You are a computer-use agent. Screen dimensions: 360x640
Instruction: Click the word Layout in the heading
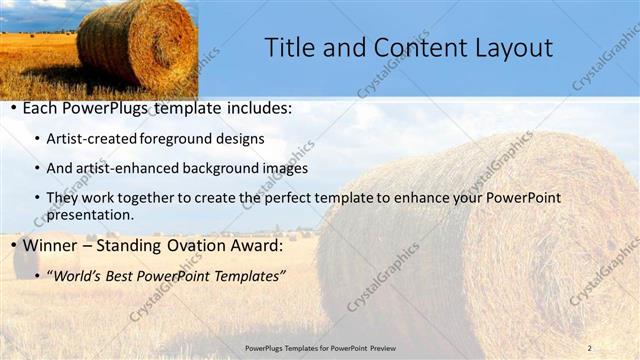point(508,48)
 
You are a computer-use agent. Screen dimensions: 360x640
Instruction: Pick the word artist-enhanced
point(125,168)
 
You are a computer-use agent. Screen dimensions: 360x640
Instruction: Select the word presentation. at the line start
point(90,214)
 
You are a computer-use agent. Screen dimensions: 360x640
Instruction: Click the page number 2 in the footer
point(589,347)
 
